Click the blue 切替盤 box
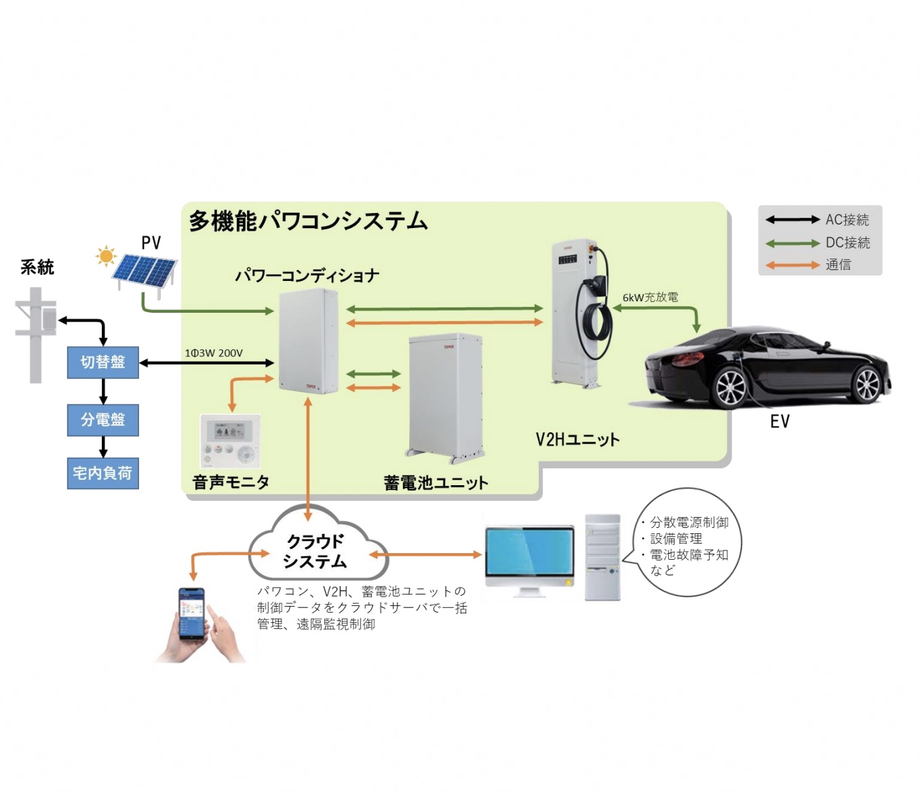coord(103,362)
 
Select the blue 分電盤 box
coord(103,420)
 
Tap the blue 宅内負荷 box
coord(102,473)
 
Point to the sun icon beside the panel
coord(106,256)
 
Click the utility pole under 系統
coord(36,332)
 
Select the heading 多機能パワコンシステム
coord(308,221)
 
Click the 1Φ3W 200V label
coord(214,353)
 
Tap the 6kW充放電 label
coord(650,297)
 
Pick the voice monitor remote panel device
coord(230,440)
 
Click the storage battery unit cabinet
coord(445,395)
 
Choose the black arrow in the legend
coord(792,220)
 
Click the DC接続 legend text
coord(847,242)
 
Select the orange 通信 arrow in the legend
coord(792,265)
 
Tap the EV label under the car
coord(780,421)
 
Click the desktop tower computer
coord(602,556)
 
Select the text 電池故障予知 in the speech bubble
coord(689,554)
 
